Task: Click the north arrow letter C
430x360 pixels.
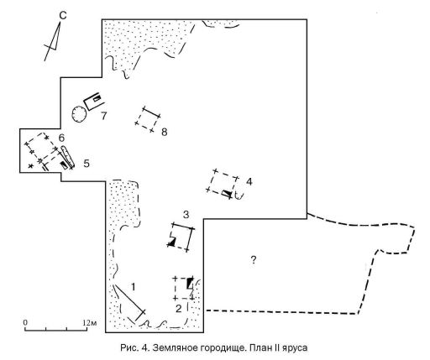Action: click(63, 16)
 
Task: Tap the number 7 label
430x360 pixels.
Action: click(104, 116)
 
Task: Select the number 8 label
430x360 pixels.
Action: click(165, 132)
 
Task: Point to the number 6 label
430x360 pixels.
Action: click(61, 138)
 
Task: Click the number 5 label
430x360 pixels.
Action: click(87, 163)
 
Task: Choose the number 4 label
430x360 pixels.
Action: click(249, 181)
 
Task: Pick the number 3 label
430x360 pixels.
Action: click(186, 215)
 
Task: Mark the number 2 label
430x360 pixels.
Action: click(179, 309)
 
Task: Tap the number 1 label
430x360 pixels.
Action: click(134, 287)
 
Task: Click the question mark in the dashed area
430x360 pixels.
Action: click(253, 260)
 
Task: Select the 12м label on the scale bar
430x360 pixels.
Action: click(90, 323)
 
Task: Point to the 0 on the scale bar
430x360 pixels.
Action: click(25, 322)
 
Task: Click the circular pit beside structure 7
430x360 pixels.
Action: click(79, 114)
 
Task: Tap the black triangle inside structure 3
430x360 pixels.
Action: click(171, 243)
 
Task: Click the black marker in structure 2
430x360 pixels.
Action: click(191, 283)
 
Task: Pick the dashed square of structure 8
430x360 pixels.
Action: click(148, 119)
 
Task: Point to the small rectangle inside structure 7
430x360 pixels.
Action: click(97, 98)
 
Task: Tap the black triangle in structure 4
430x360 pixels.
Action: click(228, 193)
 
